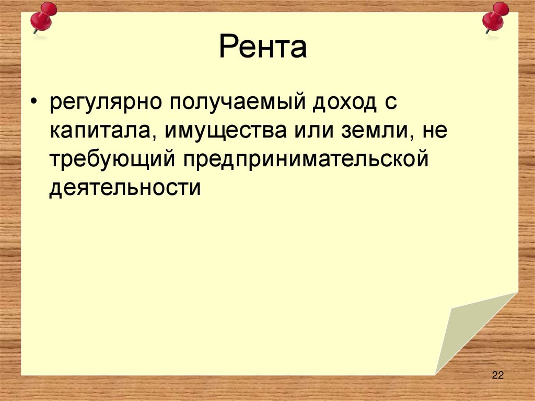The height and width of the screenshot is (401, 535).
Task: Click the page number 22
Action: tap(497, 375)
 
